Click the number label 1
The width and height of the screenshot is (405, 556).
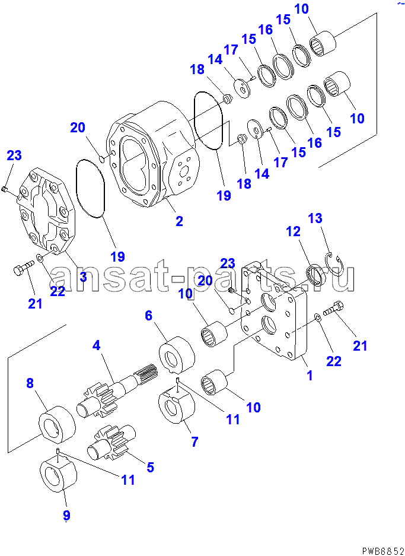309,375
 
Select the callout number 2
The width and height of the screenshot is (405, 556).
178,222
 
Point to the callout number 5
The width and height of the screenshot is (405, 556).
150,467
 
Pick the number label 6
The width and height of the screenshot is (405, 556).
149,316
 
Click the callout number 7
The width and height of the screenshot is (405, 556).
194,441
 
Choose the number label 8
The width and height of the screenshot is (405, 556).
30,383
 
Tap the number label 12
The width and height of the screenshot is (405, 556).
294,232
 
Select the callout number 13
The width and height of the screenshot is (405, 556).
315,218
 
